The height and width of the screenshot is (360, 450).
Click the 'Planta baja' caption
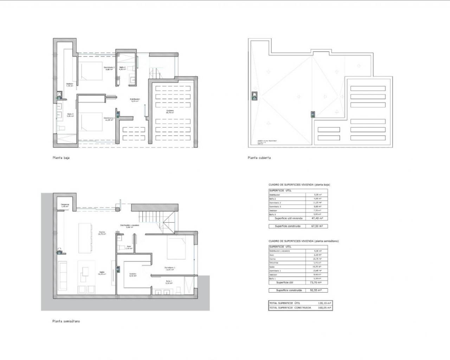tap(61, 158)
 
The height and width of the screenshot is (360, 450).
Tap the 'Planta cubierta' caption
tap(259, 158)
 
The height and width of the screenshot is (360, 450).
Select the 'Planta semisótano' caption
tap(66, 321)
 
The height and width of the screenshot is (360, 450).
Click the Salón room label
tap(102, 272)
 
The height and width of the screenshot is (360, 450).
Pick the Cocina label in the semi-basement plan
tap(102, 233)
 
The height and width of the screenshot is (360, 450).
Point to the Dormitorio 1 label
tap(170, 268)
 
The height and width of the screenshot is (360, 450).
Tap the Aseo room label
tap(129, 247)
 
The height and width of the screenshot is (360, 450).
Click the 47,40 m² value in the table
tap(317, 218)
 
